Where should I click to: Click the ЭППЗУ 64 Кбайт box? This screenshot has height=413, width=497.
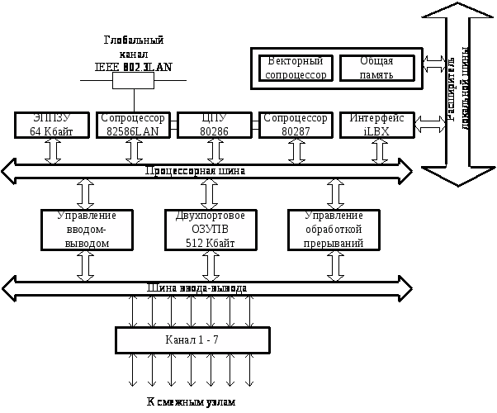52,125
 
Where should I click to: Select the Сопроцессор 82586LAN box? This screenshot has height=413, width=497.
133,125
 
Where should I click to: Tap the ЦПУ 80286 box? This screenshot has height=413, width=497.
214,125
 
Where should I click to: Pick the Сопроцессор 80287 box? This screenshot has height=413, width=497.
295,125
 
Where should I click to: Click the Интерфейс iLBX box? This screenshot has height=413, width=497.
376,125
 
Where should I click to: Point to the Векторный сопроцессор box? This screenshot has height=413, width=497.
296,68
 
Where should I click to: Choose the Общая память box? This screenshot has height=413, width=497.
376,68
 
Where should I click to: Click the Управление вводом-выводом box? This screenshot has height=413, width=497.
87,230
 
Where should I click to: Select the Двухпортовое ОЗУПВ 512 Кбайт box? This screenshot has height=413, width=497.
211,230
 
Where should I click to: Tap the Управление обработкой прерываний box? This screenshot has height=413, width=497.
334,230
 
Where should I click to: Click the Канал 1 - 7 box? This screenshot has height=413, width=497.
192,339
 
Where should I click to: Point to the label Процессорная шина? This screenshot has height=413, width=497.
195,171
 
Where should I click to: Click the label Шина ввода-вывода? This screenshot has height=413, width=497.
196,288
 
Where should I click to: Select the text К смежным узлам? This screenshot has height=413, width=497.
191,402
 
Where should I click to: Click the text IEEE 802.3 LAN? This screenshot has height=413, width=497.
134,67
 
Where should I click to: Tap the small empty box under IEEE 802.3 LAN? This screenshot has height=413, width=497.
133,80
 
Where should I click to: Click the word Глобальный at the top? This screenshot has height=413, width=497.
134,40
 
